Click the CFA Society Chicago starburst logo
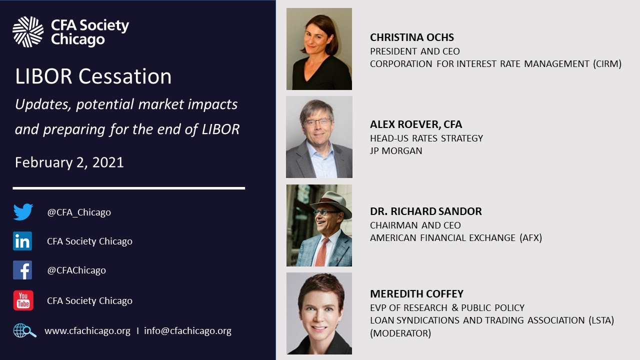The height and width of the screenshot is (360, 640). [x=28, y=31]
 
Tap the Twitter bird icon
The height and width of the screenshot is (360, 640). [x=23, y=212]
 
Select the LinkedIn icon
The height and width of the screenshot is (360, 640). [x=22, y=241]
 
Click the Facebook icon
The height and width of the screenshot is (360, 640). [x=22, y=270]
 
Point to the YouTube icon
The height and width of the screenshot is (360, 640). [x=23, y=300]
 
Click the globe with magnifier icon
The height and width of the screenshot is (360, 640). [x=24, y=331]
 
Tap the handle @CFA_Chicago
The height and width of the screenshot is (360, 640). [x=79, y=212]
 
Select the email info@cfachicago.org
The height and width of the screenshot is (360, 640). [x=187, y=331]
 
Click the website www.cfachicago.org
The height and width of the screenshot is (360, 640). [x=87, y=331]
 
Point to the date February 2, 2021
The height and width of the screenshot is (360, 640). [x=69, y=162]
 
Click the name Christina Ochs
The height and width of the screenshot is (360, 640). [x=412, y=37]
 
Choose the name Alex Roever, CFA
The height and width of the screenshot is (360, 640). [x=416, y=124]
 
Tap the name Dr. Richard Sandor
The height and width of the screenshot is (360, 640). [x=426, y=211]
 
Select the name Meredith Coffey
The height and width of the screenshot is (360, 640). [x=416, y=294]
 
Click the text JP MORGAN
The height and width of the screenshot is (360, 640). [x=396, y=150]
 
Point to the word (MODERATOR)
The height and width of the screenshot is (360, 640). [x=400, y=333]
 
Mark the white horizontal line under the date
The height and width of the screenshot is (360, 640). [x=129, y=188]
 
